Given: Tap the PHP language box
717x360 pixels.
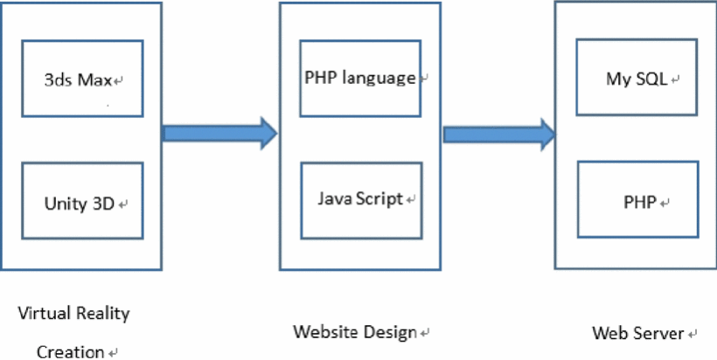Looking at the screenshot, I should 360,78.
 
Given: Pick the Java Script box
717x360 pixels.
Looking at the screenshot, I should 360,199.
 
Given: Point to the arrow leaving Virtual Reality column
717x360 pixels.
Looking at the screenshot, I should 219,133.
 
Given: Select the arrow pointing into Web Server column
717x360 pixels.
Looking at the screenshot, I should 499,134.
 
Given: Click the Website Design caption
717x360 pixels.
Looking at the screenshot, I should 356,332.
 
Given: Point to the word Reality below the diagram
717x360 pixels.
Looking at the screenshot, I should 101,313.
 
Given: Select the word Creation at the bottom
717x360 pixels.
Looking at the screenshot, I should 70,352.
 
